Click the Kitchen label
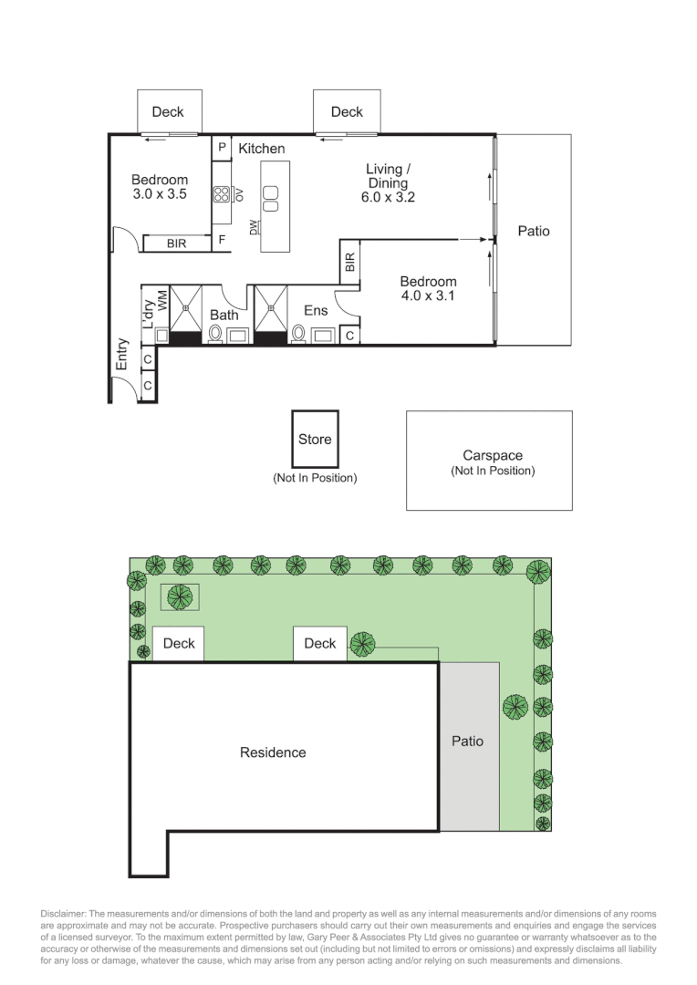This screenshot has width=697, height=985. tap(262, 149)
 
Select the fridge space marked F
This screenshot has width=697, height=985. tap(221, 241)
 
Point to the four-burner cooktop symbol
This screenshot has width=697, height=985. tap(222, 193)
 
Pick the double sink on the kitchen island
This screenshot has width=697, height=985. tap(271, 192)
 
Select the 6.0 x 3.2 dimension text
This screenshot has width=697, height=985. tap(389, 197)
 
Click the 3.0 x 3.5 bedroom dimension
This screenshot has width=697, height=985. tap(160, 194)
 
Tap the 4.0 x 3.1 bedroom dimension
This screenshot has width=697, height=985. tap(428, 296)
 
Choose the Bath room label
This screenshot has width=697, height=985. tap(224, 315)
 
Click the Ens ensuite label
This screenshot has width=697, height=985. tap(316, 311)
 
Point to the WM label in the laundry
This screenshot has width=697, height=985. tap(162, 300)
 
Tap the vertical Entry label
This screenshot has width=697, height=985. tap(121, 354)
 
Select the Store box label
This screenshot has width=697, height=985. tap(315, 440)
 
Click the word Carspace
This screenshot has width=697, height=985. tap(492, 455)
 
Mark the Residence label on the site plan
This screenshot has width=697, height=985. tap(273, 752)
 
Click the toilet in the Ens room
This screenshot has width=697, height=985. tap(299, 334)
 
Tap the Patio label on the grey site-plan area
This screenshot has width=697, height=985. tap(468, 741)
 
